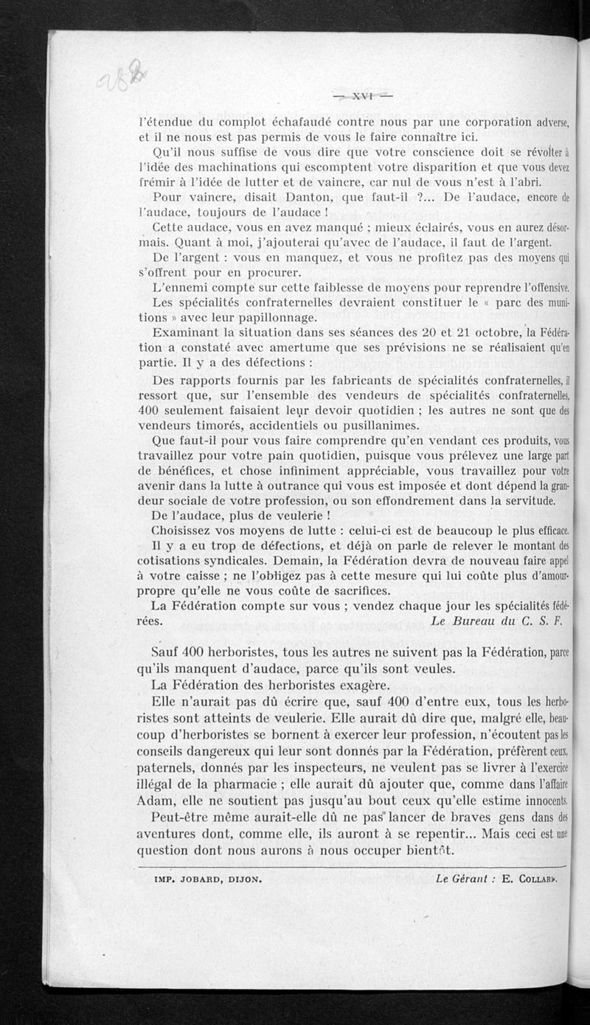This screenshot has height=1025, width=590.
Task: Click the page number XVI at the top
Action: click(x=363, y=95)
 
